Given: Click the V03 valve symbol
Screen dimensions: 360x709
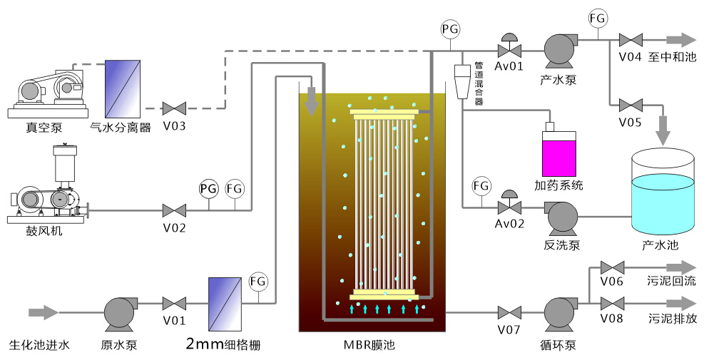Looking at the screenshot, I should click(174, 109).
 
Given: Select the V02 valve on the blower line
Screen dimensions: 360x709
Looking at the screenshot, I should click(174, 210).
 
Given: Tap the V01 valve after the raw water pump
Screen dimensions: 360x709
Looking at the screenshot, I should click(174, 303).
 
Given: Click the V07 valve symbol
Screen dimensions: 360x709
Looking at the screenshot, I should click(509, 312).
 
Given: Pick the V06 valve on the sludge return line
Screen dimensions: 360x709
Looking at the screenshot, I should click(611, 267).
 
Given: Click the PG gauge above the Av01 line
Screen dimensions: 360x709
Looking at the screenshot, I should click(450, 29).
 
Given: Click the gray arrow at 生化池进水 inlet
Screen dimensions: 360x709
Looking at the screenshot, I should click(44, 312).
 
